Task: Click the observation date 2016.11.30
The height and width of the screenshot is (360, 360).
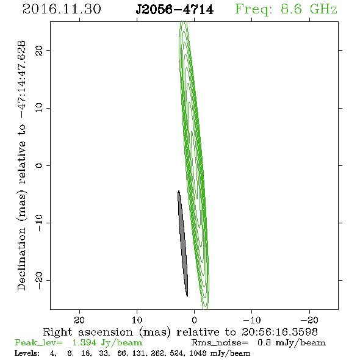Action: point(62,9)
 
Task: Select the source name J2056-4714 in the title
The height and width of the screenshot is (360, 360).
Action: point(175,10)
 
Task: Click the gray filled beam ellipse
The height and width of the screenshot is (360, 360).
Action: point(183,243)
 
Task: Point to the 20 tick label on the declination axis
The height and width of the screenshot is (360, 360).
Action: point(39,50)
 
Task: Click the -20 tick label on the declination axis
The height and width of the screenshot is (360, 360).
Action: point(39,281)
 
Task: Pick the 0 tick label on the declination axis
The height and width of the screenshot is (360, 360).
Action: point(39,165)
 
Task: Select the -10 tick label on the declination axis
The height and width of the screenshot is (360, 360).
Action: point(39,223)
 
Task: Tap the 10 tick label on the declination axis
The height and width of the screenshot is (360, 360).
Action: point(39,108)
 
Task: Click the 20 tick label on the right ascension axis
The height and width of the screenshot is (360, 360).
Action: point(79,320)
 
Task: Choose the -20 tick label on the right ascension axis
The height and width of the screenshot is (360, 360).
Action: point(309,320)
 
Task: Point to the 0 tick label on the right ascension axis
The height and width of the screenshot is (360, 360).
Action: point(195,320)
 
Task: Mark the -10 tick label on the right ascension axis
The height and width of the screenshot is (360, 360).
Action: point(252,320)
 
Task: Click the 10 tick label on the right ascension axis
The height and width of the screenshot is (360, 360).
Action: point(137,320)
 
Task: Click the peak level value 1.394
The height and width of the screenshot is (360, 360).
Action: point(84,342)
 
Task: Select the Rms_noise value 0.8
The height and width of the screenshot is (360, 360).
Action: point(264,342)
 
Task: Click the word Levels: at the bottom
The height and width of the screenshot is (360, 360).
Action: point(27,353)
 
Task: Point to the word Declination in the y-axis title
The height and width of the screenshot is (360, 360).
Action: point(21,259)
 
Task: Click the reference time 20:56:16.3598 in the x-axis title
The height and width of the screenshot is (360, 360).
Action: point(279,332)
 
